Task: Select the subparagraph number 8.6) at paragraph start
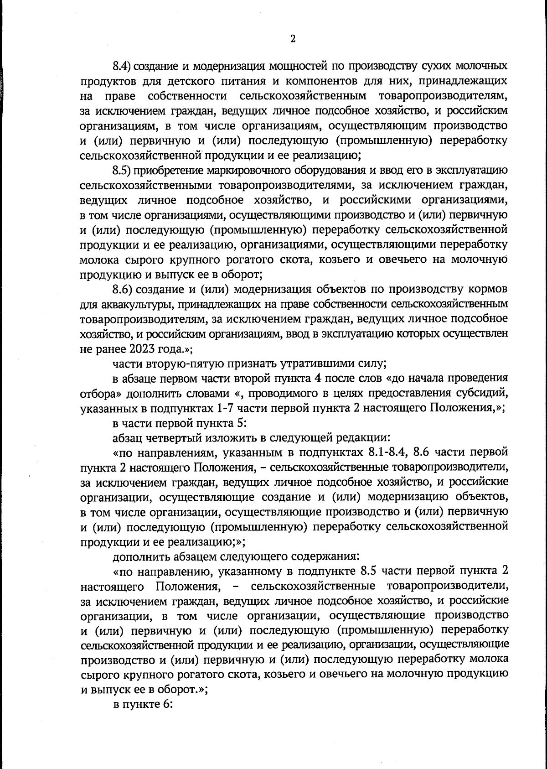pyautogui.click(x=122, y=290)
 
